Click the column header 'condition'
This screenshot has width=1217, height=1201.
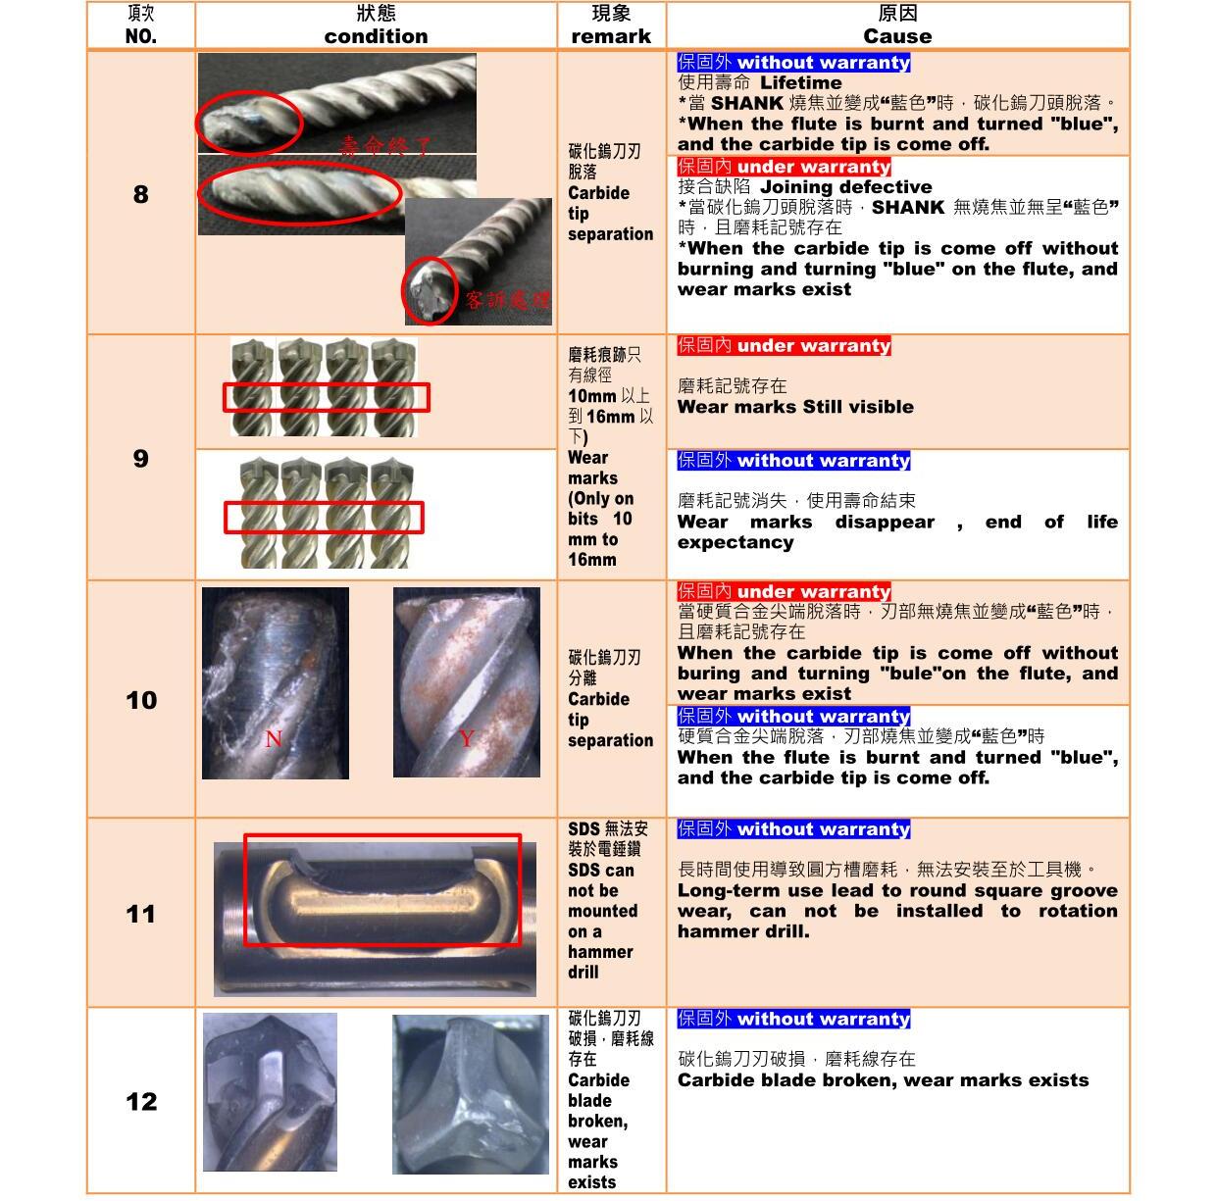pos(376,36)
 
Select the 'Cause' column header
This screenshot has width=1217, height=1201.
pos(896,36)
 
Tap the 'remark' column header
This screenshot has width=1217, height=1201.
pos(611,36)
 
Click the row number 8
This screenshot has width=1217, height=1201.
pos(141,194)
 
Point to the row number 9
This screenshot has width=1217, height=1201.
pos(141,458)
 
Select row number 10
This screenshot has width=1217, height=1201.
pos(141,700)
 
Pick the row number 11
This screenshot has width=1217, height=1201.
pos(141,914)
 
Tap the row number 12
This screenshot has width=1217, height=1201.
pos(141,1101)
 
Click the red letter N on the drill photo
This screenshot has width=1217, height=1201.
pos(274,738)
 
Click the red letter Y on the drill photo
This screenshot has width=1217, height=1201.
pos(466,737)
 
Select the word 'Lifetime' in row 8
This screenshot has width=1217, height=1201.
pos(800,82)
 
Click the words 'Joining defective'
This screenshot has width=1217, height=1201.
pos(845,187)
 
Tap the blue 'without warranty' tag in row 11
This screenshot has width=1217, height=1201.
pos(793,828)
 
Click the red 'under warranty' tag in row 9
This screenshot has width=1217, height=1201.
pos(784,345)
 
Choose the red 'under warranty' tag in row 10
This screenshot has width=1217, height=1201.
pos(784,591)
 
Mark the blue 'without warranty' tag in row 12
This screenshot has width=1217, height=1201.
pos(793,1019)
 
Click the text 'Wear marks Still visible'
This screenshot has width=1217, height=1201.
pos(795,406)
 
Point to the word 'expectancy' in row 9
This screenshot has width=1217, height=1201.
pos(735,542)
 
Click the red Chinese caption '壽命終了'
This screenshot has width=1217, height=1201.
pos(385,146)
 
